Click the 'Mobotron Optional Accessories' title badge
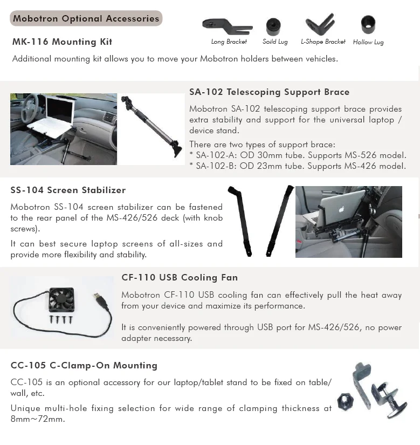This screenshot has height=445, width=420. point(86,18)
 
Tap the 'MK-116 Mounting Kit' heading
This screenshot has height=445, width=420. point(62,42)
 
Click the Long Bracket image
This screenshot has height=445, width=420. point(227,26)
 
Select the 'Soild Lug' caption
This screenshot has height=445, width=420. point(275,42)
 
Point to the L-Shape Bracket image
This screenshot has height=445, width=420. point(321,24)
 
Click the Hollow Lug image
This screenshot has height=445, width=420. point(368,24)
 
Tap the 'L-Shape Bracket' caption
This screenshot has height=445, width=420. point(323,42)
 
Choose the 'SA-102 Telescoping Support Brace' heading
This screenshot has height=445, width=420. point(269,92)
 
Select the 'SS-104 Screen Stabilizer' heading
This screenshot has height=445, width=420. point(68,190)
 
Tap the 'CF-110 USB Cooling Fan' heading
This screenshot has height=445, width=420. point(180,278)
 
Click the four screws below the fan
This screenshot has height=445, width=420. point(60,319)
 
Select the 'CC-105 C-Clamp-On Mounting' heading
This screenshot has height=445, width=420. point(84,366)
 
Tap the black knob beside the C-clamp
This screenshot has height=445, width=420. point(345,401)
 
